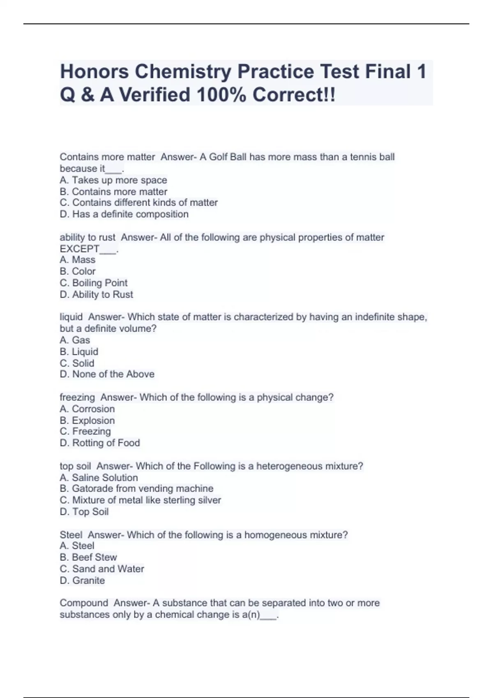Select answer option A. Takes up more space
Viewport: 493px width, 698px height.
[113, 180]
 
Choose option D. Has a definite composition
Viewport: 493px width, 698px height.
[124, 214]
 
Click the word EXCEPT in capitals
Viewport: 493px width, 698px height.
[79, 249]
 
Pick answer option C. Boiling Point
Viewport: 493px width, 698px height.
[94, 283]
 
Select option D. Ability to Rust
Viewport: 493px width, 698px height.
[97, 294]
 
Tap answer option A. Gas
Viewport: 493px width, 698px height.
[75, 340]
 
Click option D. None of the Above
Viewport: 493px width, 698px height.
[107, 374]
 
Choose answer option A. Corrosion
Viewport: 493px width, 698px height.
[87, 409]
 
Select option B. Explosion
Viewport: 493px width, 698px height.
[87, 420]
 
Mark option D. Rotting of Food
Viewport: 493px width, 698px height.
[100, 443]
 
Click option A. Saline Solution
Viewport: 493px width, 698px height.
[99, 478]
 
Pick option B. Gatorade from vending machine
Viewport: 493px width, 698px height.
[136, 489]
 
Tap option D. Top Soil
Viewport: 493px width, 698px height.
[84, 512]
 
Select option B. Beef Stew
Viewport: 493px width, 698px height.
[88, 557]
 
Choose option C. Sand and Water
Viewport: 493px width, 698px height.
[102, 569]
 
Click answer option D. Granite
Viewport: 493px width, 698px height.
[82, 580]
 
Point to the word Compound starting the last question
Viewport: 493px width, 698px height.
[84, 603]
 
